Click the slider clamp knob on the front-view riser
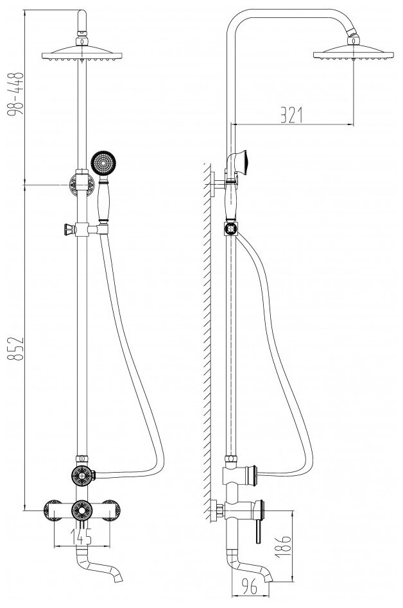point(65,228)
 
